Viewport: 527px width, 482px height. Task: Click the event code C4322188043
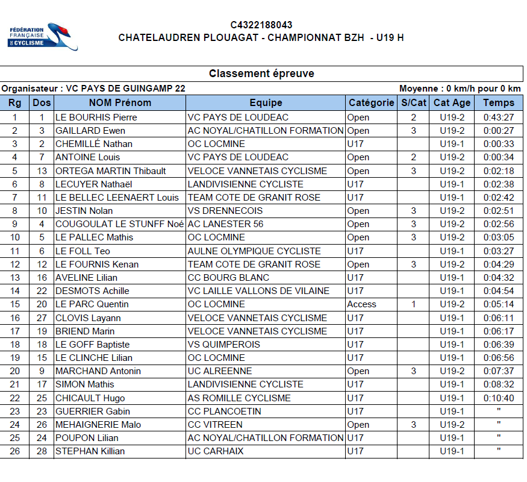261,25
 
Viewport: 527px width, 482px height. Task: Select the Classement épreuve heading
261,74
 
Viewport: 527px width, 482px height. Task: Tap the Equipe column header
266,102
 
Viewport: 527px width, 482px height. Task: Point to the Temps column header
498,102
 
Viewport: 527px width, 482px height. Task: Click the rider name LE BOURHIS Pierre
96,117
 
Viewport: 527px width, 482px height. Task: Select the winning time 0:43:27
498,117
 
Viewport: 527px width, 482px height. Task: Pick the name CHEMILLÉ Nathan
94,143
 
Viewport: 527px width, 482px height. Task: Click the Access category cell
361,304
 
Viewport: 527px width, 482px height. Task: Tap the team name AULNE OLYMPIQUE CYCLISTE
254,251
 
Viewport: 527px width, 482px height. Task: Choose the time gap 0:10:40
498,398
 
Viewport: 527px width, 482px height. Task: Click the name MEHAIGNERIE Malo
98,424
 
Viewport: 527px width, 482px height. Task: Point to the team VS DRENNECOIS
225,211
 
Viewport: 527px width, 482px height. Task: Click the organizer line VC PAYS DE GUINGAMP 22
93,89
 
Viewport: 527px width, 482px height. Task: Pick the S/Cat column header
414,102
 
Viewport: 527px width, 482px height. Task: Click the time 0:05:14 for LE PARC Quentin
498,304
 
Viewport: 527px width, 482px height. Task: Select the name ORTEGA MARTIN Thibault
110,171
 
